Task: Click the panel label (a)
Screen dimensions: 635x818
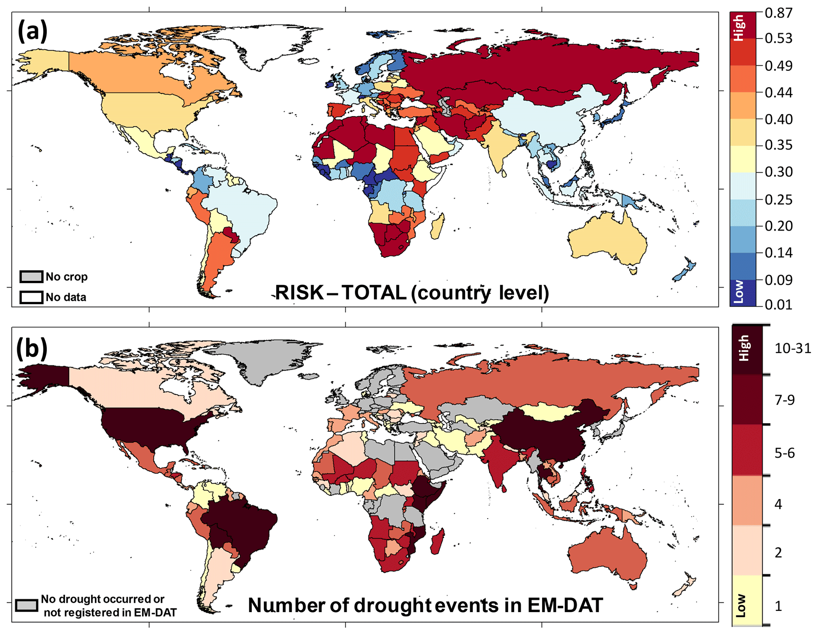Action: pyautogui.click(x=32, y=32)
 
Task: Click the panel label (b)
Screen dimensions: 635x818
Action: pyautogui.click(x=32, y=347)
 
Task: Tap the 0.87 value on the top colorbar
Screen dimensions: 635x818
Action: pyautogui.click(x=778, y=13)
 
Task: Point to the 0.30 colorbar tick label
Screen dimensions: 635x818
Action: pyautogui.click(x=778, y=172)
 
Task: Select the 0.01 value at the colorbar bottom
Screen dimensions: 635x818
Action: pyautogui.click(x=778, y=304)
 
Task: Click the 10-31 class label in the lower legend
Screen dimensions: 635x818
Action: pyautogui.click(x=793, y=348)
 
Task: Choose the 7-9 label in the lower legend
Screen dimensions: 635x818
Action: pyautogui.click(x=784, y=400)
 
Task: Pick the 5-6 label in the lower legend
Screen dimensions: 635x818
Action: pyautogui.click(x=784, y=453)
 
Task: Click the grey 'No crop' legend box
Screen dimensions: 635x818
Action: pyautogui.click(x=31, y=277)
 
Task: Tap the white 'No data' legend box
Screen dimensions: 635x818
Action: pyautogui.click(x=31, y=297)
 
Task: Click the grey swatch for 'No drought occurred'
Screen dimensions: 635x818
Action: pyautogui.click(x=27, y=605)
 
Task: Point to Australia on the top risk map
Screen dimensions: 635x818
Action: pyautogui.click(x=607, y=240)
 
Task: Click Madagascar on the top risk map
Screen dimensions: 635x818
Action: pyautogui.click(x=437, y=227)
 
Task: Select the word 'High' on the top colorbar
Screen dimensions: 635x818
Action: pyautogui.click(x=738, y=28)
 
